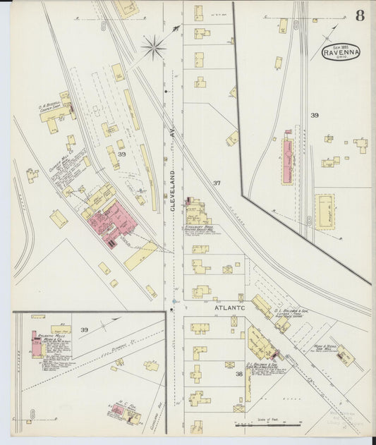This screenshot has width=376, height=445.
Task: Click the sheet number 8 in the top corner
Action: pyautogui.click(x=360, y=16)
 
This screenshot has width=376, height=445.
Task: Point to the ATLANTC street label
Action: pyautogui.click(x=224, y=307)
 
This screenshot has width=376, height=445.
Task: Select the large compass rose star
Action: pyautogui.click(x=153, y=48)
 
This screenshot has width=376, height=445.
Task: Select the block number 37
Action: pyautogui.click(x=217, y=183)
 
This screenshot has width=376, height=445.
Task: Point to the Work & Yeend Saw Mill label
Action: pyautogui.click(x=326, y=347)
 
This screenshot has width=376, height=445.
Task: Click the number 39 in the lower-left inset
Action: pyautogui.click(x=84, y=329)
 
